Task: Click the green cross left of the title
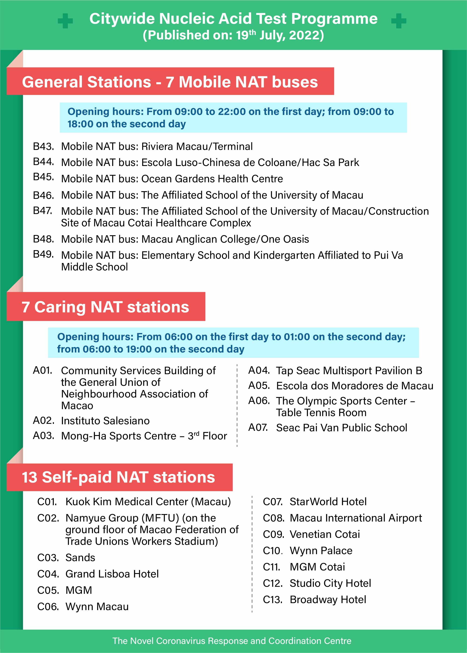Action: coord(65,21)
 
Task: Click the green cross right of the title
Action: coord(399,21)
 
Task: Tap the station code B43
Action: coord(43,146)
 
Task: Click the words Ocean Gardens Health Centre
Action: coord(212,179)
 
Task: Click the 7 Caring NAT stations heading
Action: coord(105,307)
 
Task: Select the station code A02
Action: coord(43,421)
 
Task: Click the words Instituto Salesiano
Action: coord(105,421)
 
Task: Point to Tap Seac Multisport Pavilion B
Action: coord(349,371)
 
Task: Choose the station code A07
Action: coord(258,428)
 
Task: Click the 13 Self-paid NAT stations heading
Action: coord(119,477)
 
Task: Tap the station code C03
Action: coord(48,558)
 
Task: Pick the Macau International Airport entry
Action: coord(356,518)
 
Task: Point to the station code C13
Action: coord(273,600)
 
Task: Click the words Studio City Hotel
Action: coord(330,584)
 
